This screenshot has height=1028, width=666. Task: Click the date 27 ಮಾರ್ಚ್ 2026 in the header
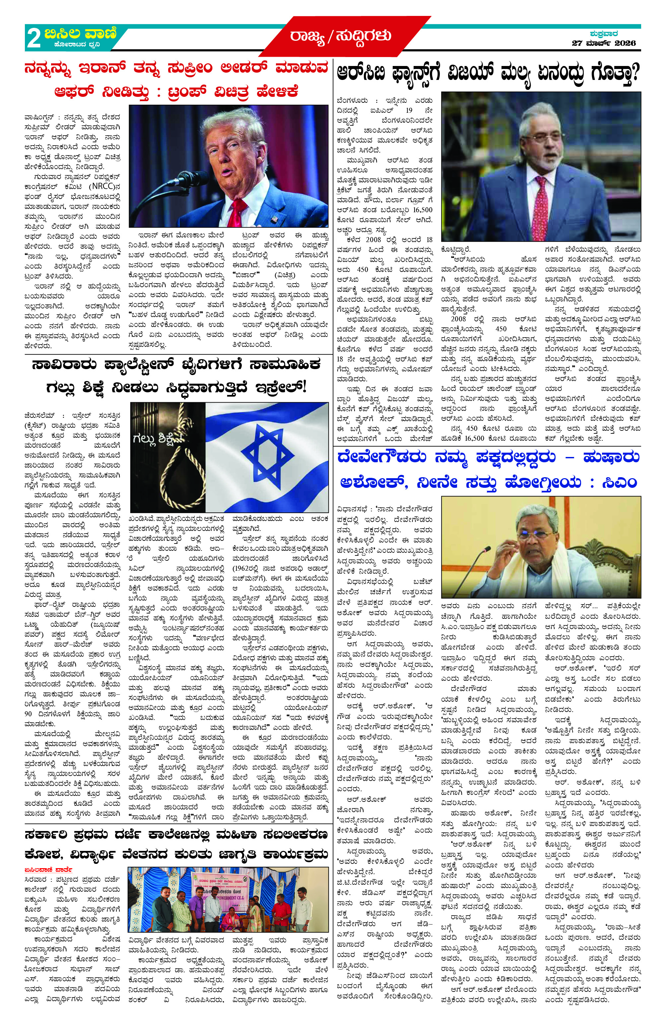click(x=603, y=43)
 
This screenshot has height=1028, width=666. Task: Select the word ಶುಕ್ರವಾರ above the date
click(x=604, y=33)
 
